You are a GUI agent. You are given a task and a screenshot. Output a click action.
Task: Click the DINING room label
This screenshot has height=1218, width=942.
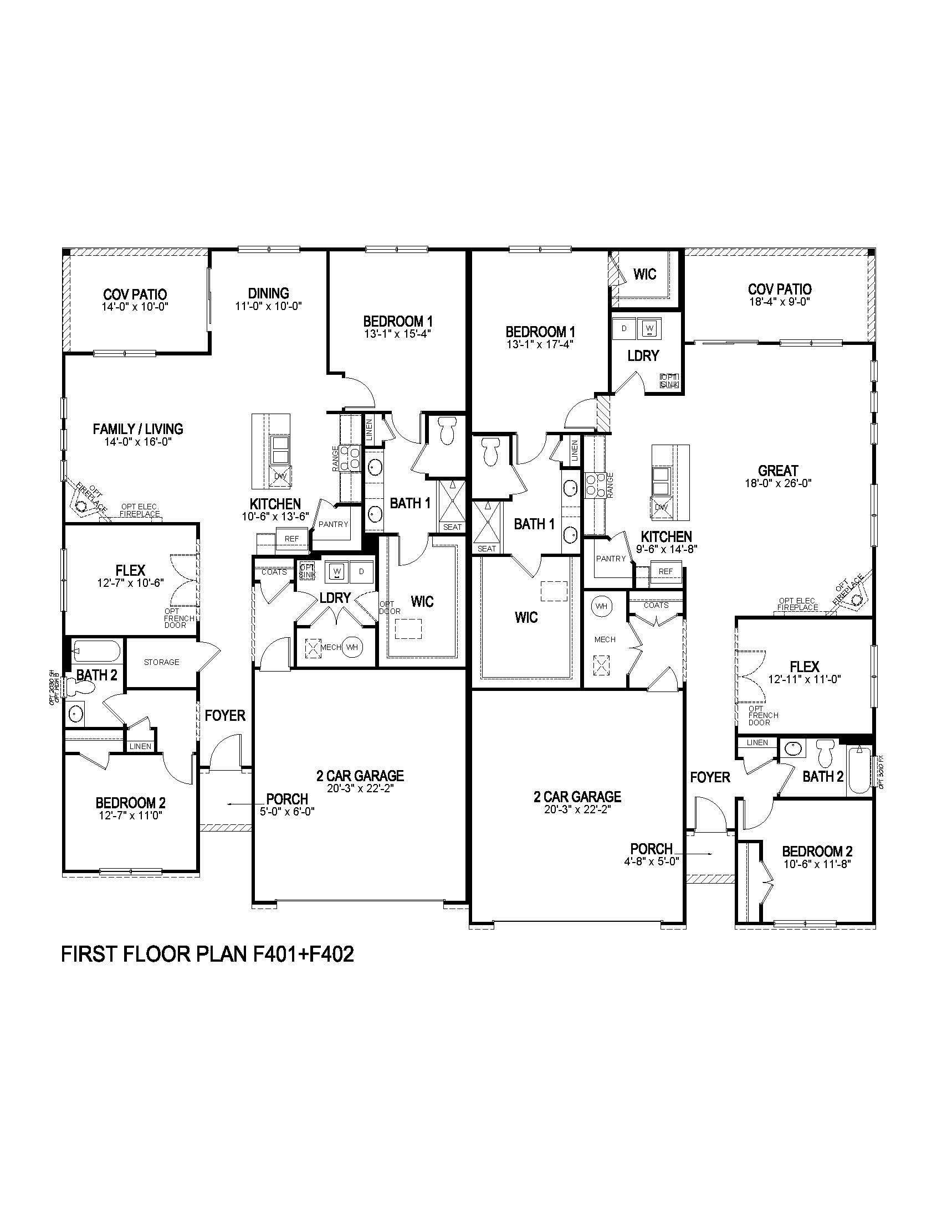point(268,293)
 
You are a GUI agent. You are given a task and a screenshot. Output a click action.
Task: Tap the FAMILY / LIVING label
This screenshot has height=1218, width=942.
point(138,429)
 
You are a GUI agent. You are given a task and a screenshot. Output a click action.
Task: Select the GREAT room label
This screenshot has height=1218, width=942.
point(778,470)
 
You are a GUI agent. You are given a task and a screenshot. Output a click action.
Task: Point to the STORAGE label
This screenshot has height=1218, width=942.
point(162,662)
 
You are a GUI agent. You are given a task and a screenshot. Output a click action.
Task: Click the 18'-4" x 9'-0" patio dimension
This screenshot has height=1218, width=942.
point(780,302)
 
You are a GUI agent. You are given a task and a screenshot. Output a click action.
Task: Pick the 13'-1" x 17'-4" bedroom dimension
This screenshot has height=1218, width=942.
point(540,344)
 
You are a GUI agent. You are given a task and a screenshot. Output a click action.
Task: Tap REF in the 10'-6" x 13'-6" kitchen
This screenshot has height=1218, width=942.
point(291,539)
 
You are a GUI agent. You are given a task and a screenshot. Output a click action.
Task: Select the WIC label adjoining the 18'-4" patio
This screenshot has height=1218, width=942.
point(644,274)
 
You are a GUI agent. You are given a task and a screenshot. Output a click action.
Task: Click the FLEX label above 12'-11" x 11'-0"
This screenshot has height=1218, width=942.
point(804,667)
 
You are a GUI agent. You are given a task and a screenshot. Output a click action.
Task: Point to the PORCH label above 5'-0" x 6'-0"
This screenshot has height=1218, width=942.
point(287,799)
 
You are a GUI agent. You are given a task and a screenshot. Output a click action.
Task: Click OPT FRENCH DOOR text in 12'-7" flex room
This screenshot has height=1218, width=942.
point(178,618)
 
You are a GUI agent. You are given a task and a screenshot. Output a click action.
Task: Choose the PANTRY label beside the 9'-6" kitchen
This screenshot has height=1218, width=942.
point(611,558)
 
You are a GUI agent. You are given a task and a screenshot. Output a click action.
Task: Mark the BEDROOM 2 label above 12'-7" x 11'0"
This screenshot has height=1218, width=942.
point(131,803)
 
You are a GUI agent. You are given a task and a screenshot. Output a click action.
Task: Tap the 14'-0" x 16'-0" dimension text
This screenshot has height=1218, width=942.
point(138,442)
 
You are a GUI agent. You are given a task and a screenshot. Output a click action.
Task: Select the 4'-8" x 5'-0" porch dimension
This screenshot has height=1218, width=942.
point(652,860)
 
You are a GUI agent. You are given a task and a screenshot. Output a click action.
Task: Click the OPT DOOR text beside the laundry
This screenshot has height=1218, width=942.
point(390,607)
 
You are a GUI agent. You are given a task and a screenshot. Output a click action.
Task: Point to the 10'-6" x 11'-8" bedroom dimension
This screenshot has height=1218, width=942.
point(817,864)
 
